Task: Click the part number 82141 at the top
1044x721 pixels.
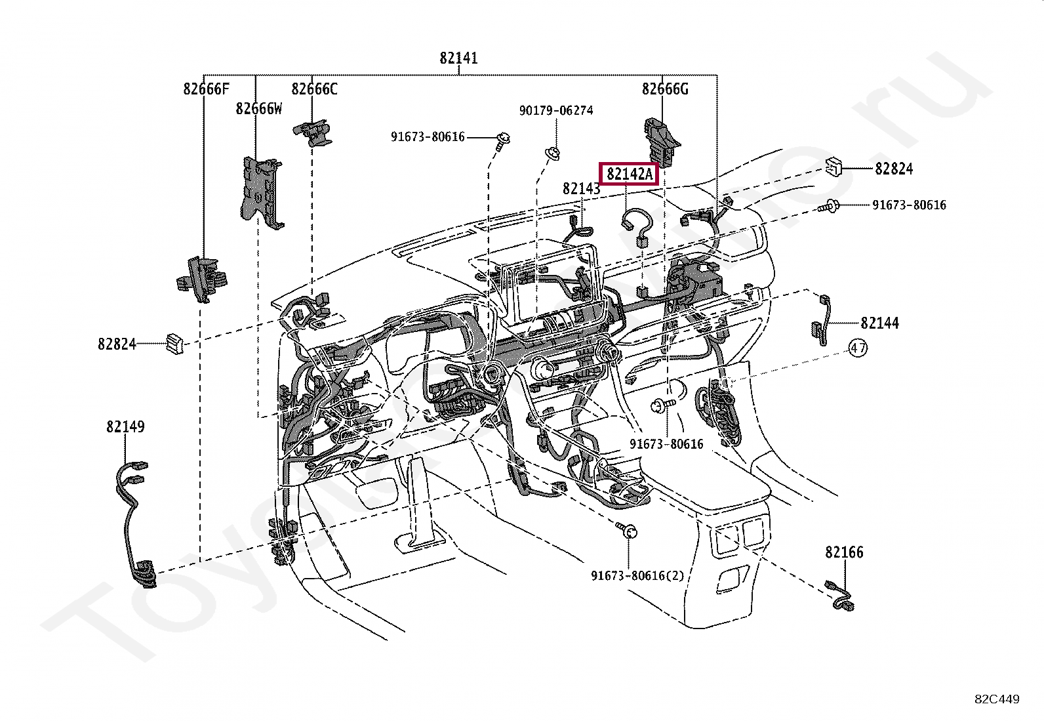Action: coord(458,58)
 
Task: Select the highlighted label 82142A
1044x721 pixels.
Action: coord(630,174)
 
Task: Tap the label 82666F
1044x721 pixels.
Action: coord(206,89)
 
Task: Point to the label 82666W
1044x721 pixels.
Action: coord(258,108)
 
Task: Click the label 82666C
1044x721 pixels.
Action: coord(314,89)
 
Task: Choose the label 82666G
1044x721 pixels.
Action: coord(665,89)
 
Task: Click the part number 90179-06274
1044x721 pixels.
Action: coord(556,110)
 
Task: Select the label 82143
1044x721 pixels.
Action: coord(581,189)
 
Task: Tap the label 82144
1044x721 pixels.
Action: coord(879,323)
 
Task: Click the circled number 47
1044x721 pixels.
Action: coord(858,348)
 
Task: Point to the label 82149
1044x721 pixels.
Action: coord(125,426)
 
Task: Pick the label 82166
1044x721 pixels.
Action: coord(844,552)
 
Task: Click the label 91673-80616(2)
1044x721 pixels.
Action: coord(637,575)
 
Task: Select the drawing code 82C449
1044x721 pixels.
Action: coord(997,699)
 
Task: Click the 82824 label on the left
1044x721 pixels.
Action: coord(117,344)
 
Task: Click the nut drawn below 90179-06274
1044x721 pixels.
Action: coord(553,154)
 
